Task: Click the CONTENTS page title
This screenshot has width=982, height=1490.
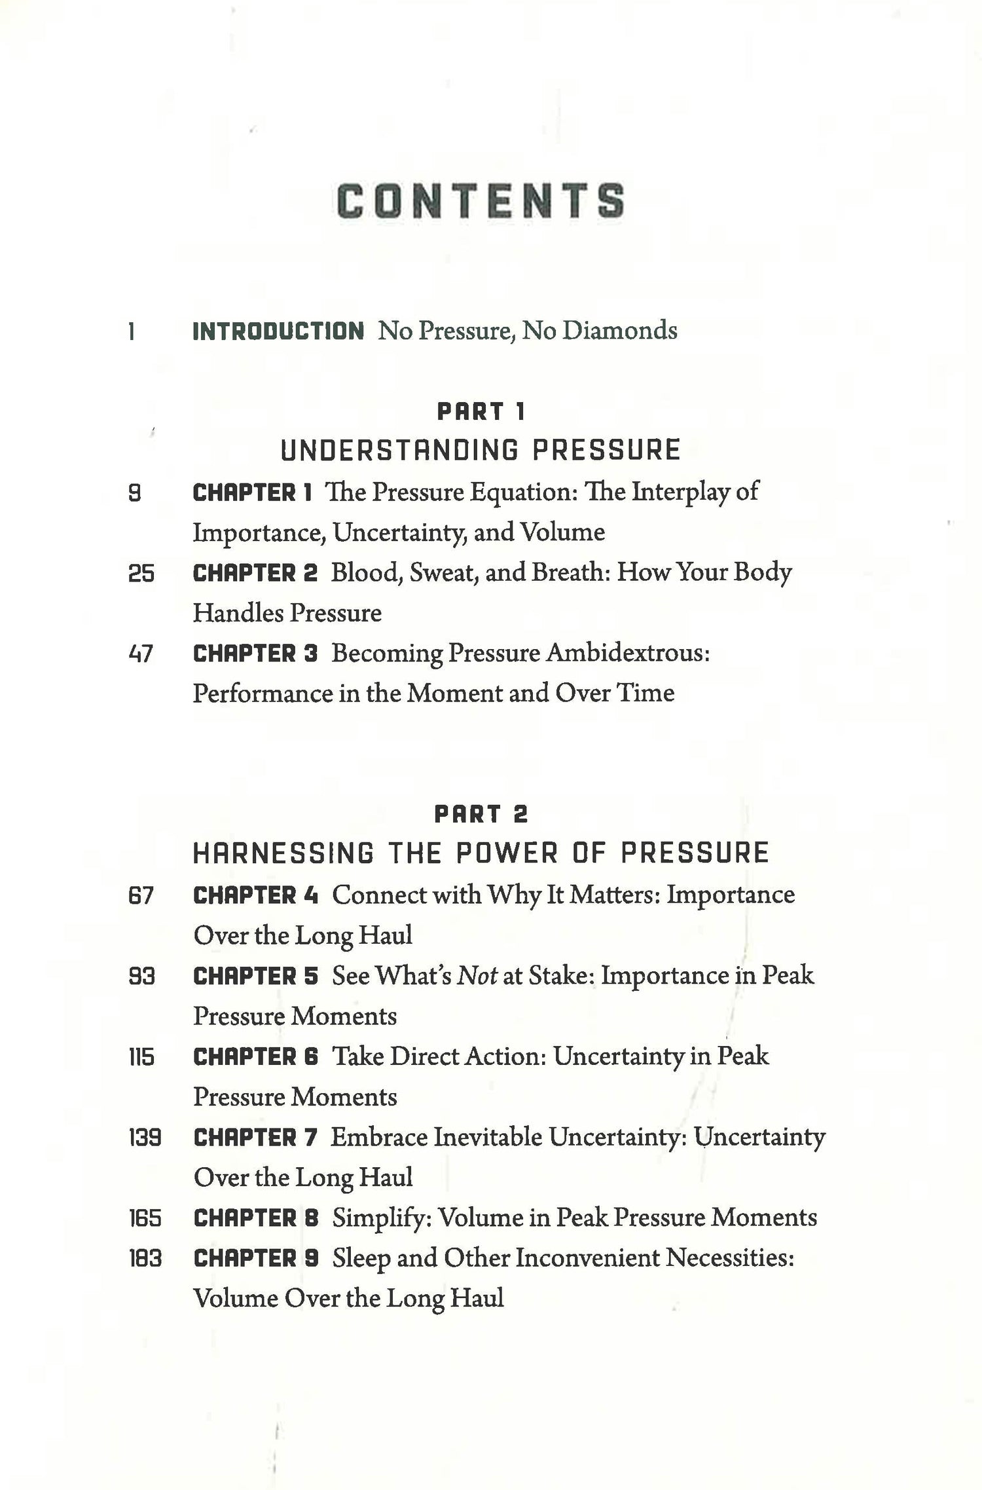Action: coord(481,200)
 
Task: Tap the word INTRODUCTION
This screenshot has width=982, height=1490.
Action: coord(278,331)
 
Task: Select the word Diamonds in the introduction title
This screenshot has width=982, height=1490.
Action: coord(619,330)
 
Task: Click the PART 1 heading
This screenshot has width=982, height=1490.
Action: coord(481,412)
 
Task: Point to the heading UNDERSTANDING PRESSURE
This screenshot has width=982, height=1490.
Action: coord(481,451)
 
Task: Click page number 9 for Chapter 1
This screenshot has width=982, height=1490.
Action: coord(134,493)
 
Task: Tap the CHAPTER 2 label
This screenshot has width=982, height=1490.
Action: coord(255,574)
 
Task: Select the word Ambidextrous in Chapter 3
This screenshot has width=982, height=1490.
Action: coord(627,653)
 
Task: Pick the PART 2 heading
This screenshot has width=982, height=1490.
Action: coord(481,815)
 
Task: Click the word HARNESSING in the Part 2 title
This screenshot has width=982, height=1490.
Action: coord(283,853)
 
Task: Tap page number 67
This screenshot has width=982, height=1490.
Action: coord(141,896)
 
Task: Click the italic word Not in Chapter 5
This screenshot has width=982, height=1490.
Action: coord(477,977)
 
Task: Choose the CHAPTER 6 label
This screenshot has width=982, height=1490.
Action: coord(255,1057)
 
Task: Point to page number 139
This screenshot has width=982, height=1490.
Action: coord(145,1138)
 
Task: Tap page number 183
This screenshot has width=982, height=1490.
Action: coord(145,1259)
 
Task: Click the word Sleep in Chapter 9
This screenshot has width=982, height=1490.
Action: coord(361,1259)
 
